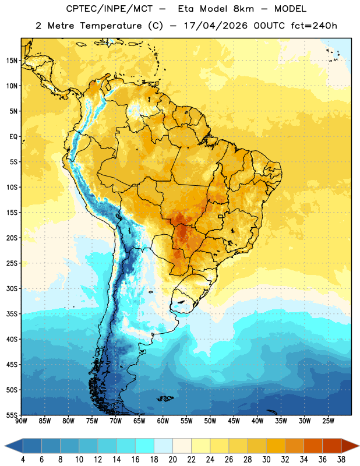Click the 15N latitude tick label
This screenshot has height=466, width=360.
click(12, 61)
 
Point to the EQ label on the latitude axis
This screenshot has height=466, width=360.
click(13, 137)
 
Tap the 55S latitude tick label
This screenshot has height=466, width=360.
click(12, 415)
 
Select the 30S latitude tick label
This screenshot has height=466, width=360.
click(12, 288)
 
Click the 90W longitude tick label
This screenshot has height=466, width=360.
click(21, 421)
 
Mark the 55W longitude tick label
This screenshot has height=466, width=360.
click(186, 421)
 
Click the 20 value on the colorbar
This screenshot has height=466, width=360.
click(172, 460)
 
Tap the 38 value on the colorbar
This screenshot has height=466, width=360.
click(341, 460)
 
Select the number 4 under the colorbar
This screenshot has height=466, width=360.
click(23, 460)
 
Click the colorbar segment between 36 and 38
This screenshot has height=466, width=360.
click(332, 446)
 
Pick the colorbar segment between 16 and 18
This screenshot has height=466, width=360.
click(145, 446)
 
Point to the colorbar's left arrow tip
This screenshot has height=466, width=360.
click(5, 446)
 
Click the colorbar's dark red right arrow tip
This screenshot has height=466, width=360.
click(359, 446)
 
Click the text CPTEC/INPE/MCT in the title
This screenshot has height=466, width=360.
click(110, 9)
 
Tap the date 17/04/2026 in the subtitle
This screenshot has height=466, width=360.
click(216, 26)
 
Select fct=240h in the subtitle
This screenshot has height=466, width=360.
click(314, 26)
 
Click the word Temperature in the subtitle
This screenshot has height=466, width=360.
click(111, 26)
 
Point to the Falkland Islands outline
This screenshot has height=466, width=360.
click(165, 398)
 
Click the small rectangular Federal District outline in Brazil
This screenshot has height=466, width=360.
click(221, 216)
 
